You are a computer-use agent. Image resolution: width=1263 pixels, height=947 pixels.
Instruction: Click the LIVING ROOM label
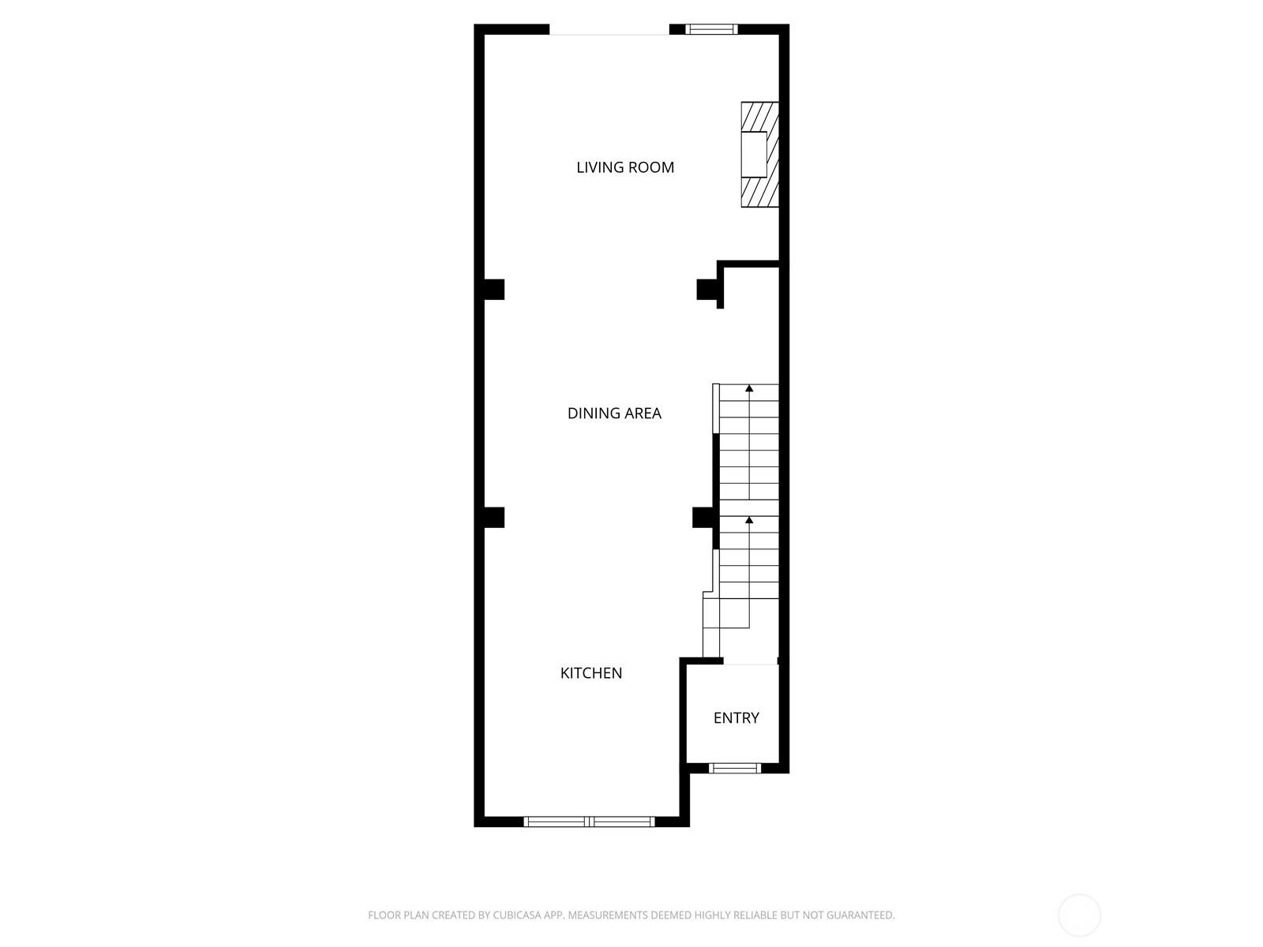625,167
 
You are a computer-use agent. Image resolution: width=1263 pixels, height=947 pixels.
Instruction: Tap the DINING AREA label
614,413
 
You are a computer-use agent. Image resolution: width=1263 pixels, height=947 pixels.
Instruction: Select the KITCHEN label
591,672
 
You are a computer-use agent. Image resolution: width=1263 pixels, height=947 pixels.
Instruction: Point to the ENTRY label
736,717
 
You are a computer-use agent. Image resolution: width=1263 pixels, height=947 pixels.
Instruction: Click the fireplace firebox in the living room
754,154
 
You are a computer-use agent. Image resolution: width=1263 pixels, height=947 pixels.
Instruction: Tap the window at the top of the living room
711,29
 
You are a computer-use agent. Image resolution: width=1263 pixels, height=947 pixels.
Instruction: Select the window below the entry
735,768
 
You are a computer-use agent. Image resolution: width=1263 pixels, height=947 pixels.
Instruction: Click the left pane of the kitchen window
557,822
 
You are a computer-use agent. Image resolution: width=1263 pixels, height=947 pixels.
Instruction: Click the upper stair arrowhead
749,389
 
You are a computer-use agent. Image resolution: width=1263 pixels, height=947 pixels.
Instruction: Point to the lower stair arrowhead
749,520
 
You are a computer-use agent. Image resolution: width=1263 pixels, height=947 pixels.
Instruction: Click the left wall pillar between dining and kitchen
494,518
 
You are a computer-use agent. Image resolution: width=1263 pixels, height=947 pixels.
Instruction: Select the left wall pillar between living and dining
494,289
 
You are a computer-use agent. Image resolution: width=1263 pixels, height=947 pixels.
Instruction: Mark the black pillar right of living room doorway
707,289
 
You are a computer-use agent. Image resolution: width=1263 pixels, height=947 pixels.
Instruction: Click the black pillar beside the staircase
703,518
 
